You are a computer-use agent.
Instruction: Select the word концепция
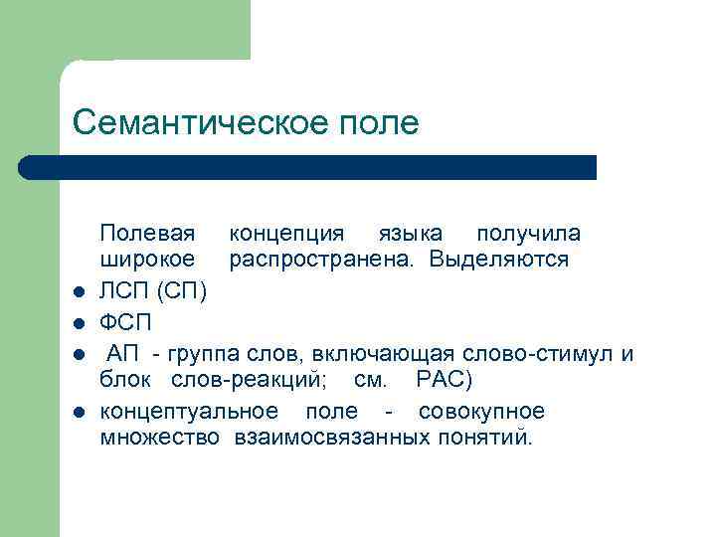pyautogui.click(x=287, y=234)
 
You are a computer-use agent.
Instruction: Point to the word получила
pyautogui.click(x=529, y=234)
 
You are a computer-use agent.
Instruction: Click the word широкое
pyautogui.click(x=146, y=261)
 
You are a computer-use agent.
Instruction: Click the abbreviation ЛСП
pyautogui.click(x=124, y=290)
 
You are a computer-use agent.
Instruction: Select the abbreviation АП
pyautogui.click(x=121, y=354)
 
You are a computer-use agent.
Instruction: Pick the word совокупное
pyautogui.click(x=481, y=412)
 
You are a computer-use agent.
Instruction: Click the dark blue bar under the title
pyautogui.click(x=308, y=166)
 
